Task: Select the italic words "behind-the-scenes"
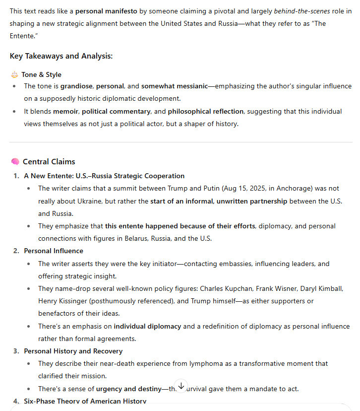pos(301,10)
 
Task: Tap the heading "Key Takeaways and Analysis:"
pos(61,56)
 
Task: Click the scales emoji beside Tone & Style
pos(14,74)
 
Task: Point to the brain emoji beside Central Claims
pos(15,162)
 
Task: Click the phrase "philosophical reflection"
pos(205,111)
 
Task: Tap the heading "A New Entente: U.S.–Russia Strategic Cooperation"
pos(104,176)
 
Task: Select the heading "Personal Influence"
pos(54,251)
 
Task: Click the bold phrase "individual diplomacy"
pos(147,326)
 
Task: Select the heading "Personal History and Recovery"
pos(73,351)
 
